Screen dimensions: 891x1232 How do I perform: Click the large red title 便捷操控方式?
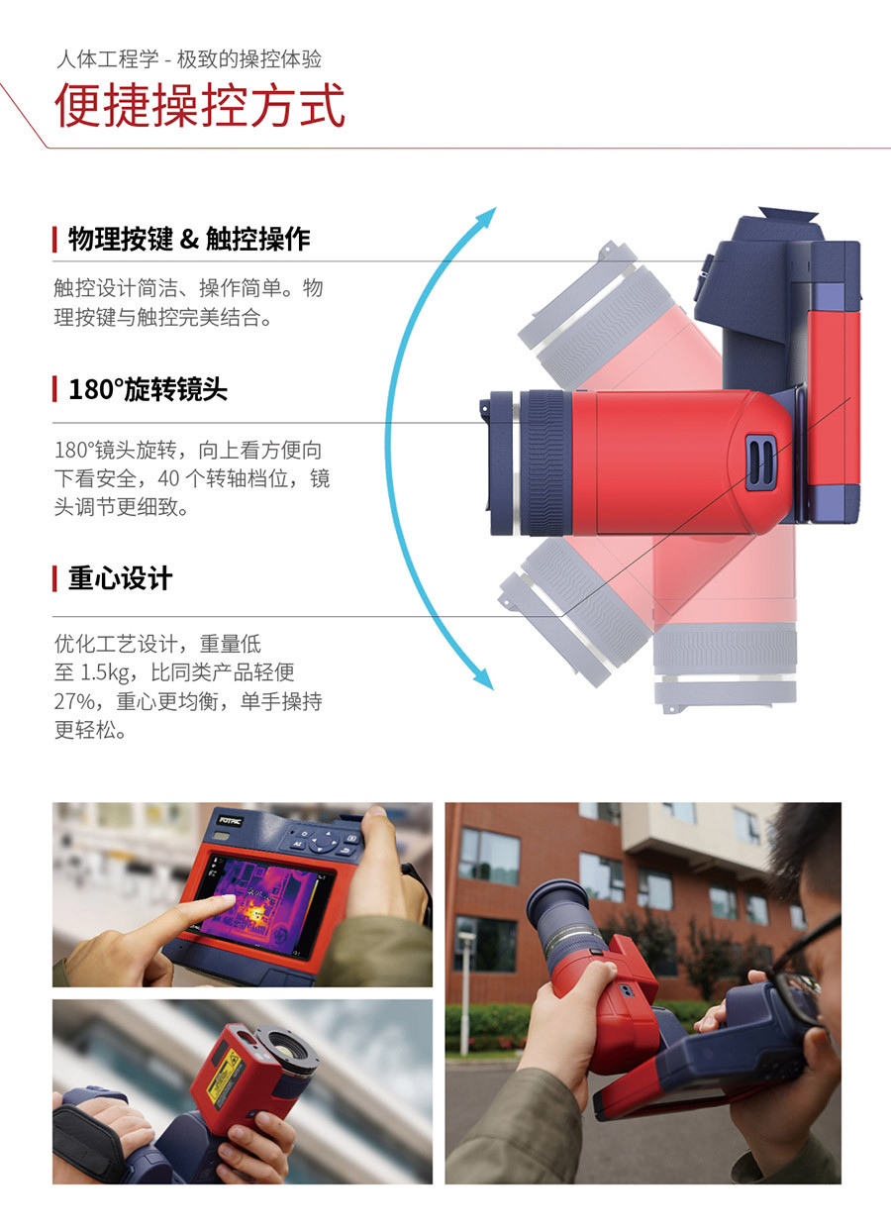point(200,105)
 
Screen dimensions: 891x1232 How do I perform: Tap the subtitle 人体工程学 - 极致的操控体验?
point(188,59)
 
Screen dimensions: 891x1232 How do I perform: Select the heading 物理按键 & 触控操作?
point(189,240)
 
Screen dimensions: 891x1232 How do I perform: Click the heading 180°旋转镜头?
point(148,389)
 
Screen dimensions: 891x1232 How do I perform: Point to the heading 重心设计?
point(121,578)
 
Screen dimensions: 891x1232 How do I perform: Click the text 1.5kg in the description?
point(104,672)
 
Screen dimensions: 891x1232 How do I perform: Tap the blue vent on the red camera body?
point(760,462)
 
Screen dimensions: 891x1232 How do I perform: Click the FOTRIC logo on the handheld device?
point(231,821)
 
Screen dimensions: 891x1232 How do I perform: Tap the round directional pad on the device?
point(324,842)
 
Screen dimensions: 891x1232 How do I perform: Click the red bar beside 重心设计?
point(54,579)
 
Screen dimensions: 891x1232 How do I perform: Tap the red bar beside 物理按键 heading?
point(54,240)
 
